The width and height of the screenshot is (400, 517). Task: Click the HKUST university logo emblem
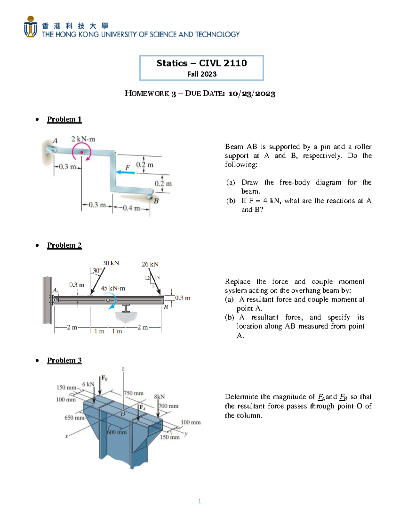pyautogui.click(x=30, y=27)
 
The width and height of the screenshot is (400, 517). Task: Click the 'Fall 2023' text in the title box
pyautogui.click(x=202, y=74)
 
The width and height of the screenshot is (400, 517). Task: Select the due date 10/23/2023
pyautogui.click(x=252, y=94)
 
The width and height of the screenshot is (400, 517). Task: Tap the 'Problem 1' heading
pyautogui.click(x=64, y=119)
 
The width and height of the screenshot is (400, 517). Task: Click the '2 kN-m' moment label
pyautogui.click(x=83, y=139)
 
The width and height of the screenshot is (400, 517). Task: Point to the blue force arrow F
pyautogui.click(x=126, y=172)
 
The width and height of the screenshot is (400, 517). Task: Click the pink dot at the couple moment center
pyautogui.click(x=82, y=152)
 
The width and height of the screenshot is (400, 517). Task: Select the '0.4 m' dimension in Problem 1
pyautogui.click(x=131, y=208)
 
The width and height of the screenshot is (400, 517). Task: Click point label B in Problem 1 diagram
pyautogui.click(x=156, y=201)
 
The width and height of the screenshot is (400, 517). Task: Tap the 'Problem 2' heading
pyautogui.click(x=64, y=245)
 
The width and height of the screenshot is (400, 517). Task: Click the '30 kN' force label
pyautogui.click(x=110, y=263)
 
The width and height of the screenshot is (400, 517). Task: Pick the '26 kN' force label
pyautogui.click(x=150, y=264)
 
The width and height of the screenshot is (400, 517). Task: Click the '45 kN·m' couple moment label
pyautogui.click(x=113, y=288)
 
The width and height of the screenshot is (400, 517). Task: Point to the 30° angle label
pyautogui.click(x=97, y=271)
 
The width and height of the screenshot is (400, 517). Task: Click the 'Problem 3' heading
pyautogui.click(x=64, y=360)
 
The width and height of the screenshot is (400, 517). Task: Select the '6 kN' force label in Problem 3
pyautogui.click(x=88, y=384)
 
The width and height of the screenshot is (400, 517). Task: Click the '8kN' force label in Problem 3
pyautogui.click(x=159, y=396)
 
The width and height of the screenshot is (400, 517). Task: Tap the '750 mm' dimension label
pyautogui.click(x=134, y=393)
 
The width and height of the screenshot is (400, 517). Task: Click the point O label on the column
pyautogui.click(x=123, y=414)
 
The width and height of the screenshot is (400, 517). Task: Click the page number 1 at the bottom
pyautogui.click(x=199, y=501)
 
